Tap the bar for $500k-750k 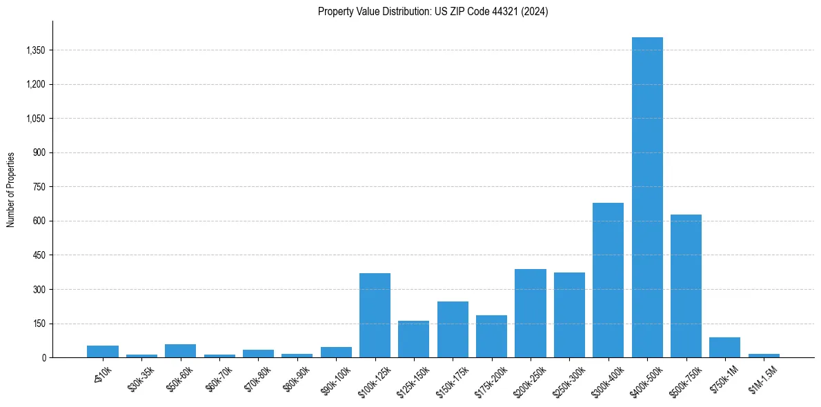pyautogui.click(x=686, y=286)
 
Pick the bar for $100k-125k pyautogui.click(x=375, y=315)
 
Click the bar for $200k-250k pyautogui.click(x=531, y=313)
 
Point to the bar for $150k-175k pyautogui.click(x=453, y=330)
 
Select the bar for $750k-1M pyautogui.click(x=724, y=347)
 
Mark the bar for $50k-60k pyautogui.click(x=180, y=350)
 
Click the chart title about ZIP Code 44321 pyautogui.click(x=433, y=12)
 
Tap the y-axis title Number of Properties pyautogui.click(x=11, y=190)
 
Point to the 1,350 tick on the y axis pyautogui.click(x=35, y=50)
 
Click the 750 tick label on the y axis pyautogui.click(x=39, y=187)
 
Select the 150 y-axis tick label pyautogui.click(x=39, y=324)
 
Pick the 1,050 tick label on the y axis pyautogui.click(x=35, y=119)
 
